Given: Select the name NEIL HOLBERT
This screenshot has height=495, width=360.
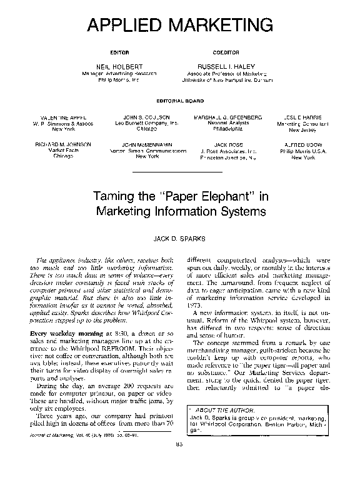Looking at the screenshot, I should point(119,66).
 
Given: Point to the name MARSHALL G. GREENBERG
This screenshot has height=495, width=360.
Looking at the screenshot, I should point(227,117).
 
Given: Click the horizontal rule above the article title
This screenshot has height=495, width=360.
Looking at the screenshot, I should point(179,171).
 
